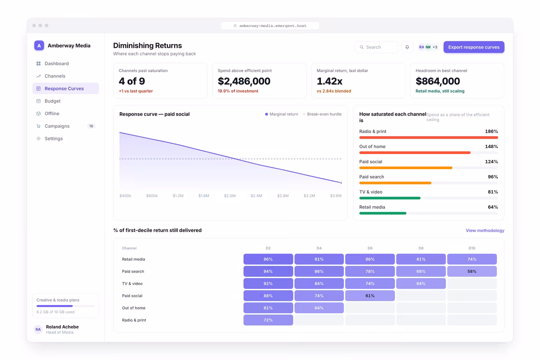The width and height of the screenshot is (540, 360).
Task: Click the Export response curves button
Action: pyautogui.click(x=474, y=47)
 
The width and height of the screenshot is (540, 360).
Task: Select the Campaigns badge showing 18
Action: pyautogui.click(x=91, y=126)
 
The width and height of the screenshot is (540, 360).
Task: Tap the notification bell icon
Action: pyautogui.click(x=407, y=47)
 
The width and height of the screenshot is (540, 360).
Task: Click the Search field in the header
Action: pyautogui.click(x=376, y=47)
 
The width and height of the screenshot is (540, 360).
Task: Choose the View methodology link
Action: pyautogui.click(x=485, y=230)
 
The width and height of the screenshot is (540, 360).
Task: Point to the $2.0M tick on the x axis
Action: pyautogui.click(x=230, y=196)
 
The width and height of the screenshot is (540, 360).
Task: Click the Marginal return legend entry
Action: pyautogui.click(x=282, y=114)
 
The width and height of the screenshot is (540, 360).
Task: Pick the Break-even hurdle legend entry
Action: pyautogui.click(x=322, y=114)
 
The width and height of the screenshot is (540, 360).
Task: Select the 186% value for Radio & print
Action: pyautogui.click(x=491, y=131)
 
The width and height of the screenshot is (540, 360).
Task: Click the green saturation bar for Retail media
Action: pyautogui.click(x=382, y=213)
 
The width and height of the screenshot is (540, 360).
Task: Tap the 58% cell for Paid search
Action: pyautogui.click(x=472, y=271)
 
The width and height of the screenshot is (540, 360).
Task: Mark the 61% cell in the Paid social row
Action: pyautogui.click(x=370, y=296)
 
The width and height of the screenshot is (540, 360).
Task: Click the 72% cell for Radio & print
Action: pyautogui.click(x=268, y=320)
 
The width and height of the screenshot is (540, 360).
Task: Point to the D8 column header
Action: pyautogui.click(x=421, y=248)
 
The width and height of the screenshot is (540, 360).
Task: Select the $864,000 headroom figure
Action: pyautogui.click(x=438, y=81)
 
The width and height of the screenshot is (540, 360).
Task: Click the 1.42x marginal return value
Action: pyautogui.click(x=329, y=81)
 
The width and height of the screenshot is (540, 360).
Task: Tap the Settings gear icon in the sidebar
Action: pyautogui.click(x=38, y=139)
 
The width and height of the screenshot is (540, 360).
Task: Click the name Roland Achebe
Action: pyautogui.click(x=62, y=327)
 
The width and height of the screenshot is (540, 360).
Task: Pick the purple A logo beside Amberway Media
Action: pyautogui.click(x=39, y=45)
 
